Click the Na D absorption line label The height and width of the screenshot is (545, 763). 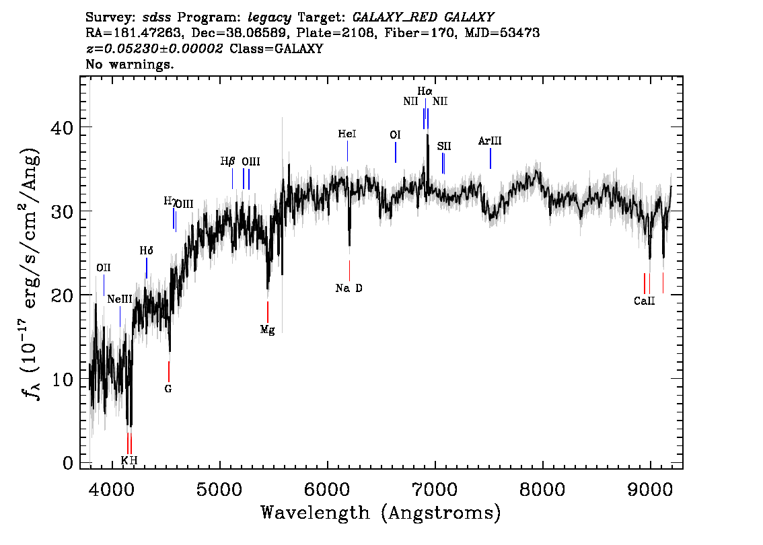[x=349, y=288]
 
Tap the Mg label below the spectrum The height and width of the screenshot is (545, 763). [x=268, y=330]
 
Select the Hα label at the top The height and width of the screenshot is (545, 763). [x=425, y=91]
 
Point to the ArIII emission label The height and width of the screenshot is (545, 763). [x=490, y=141]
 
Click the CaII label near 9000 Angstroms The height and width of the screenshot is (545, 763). [x=645, y=301]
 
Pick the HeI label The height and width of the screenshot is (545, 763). [x=347, y=134]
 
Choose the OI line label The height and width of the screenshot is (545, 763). [x=395, y=135]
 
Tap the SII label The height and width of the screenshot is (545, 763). [x=444, y=146]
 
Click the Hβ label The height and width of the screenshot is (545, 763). [x=227, y=161]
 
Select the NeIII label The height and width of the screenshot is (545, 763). [x=120, y=299]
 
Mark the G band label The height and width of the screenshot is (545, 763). [x=168, y=389]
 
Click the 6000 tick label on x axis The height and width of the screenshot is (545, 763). [x=328, y=489]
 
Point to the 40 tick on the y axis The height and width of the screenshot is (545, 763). [x=62, y=127]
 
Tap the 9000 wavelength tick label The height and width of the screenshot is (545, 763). [x=650, y=489]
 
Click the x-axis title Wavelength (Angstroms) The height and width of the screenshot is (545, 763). [x=381, y=513]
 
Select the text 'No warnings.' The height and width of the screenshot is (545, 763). [x=130, y=64]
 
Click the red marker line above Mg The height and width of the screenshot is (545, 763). [x=268, y=312]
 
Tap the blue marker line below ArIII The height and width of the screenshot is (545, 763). [x=490, y=158]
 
